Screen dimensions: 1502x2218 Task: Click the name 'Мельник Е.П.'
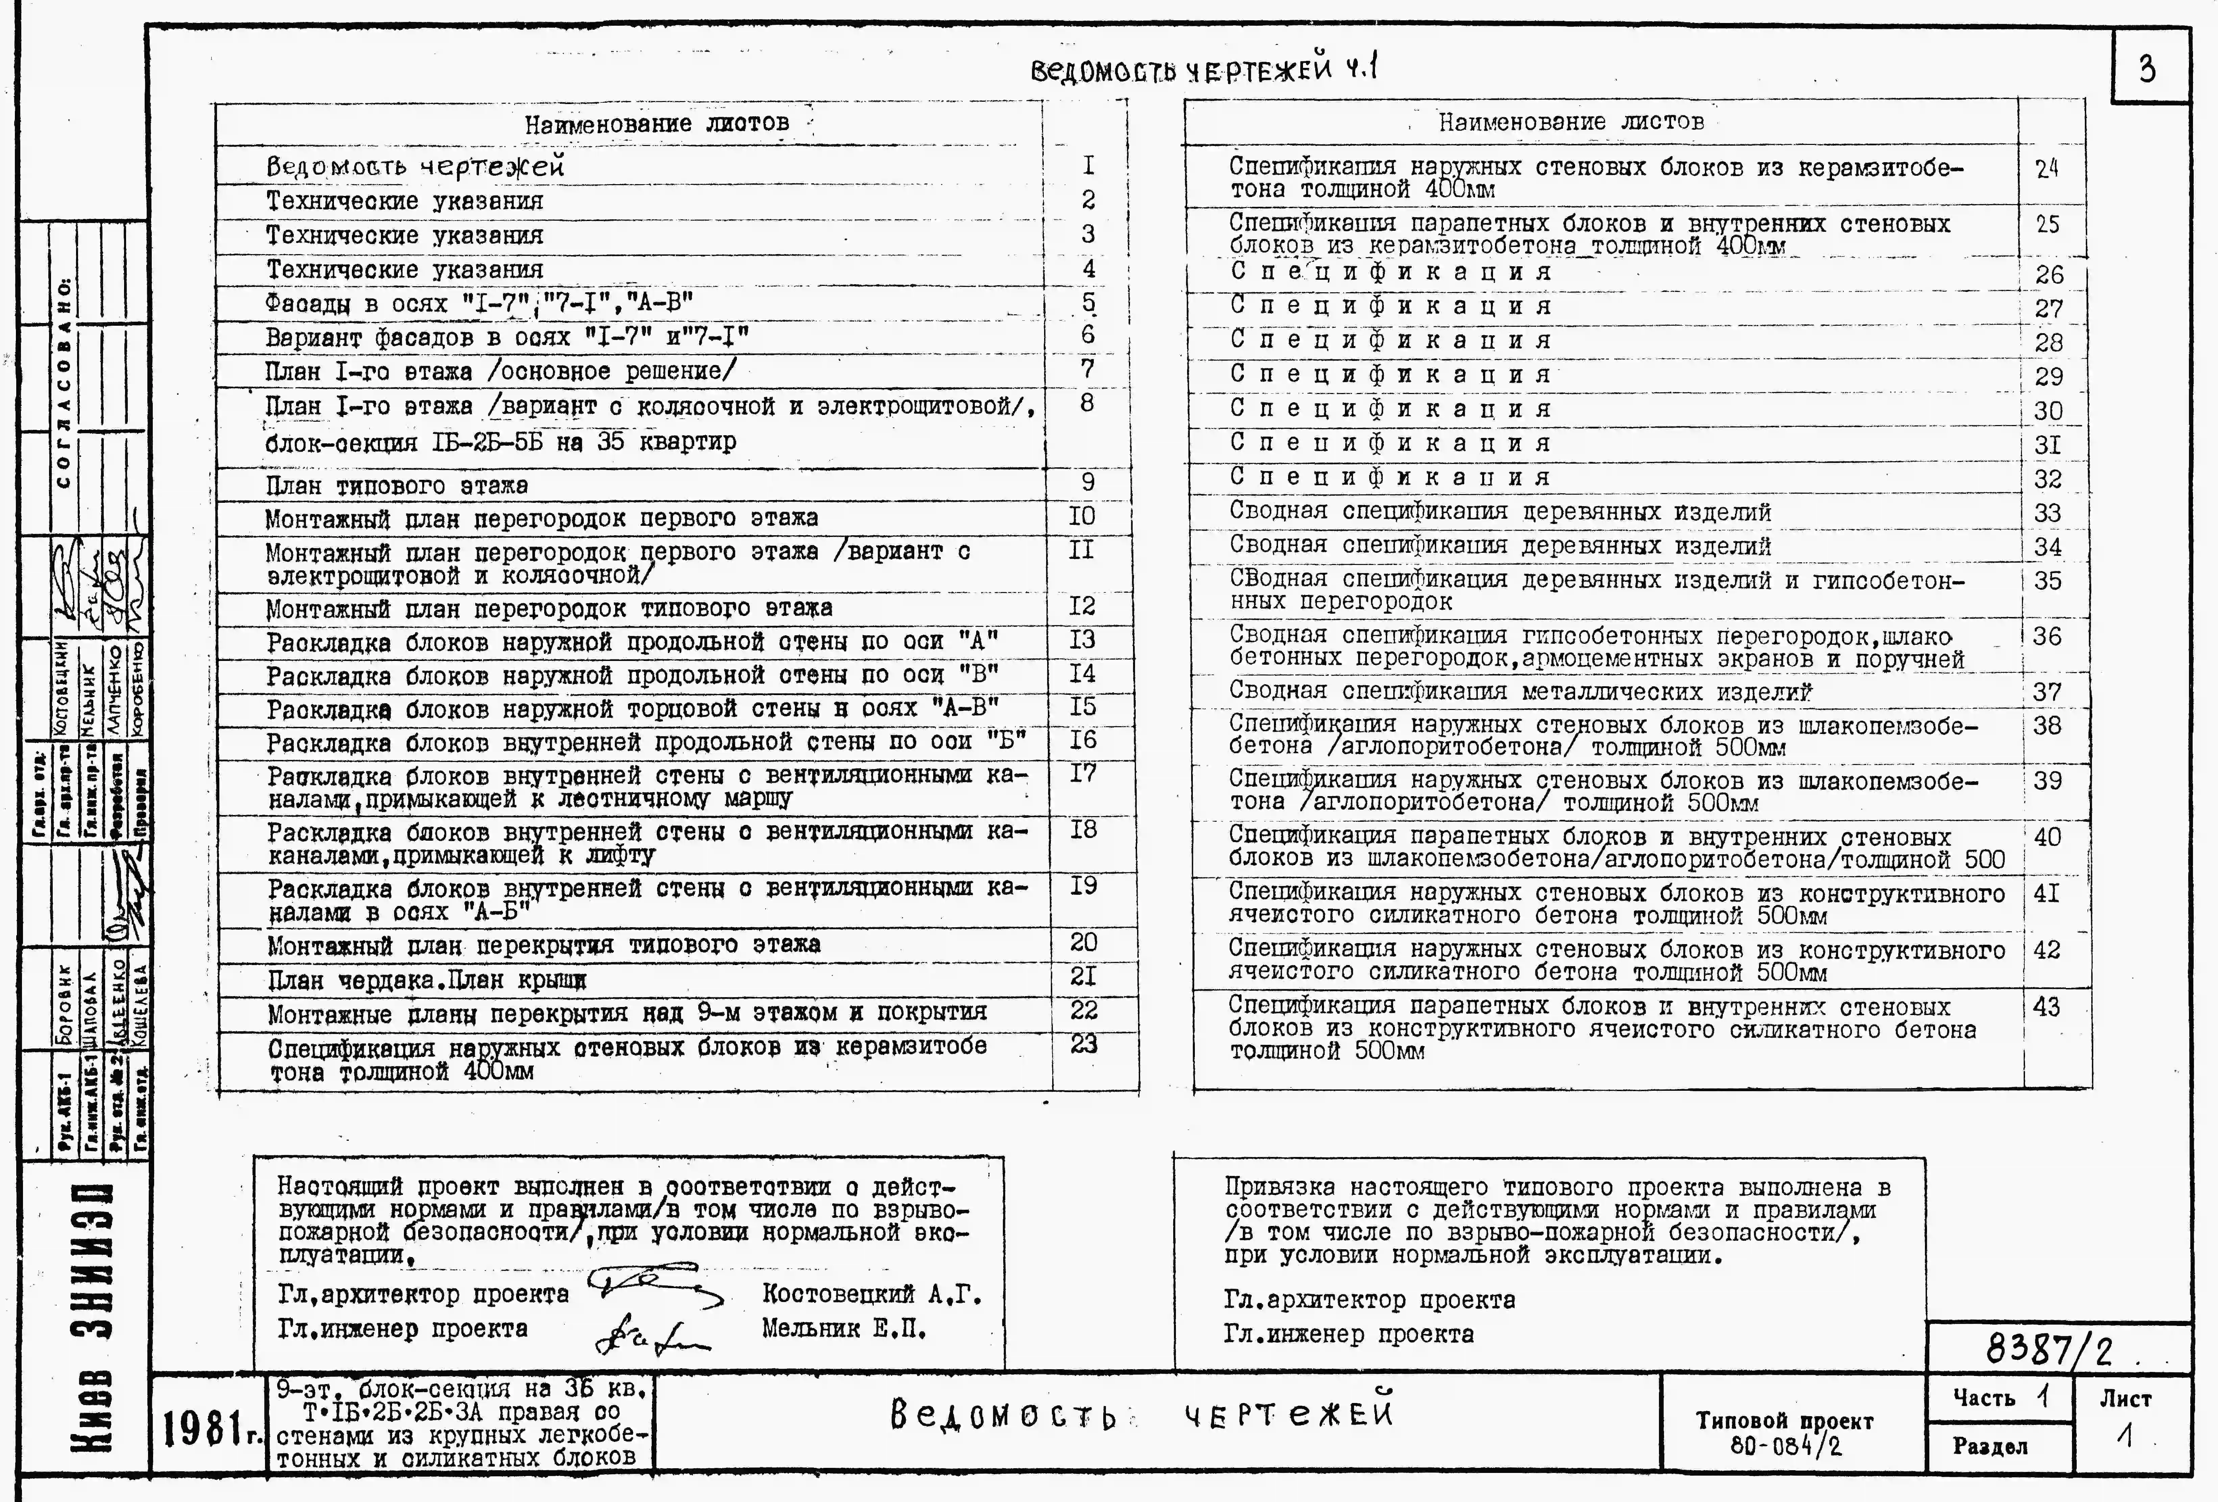pyautogui.click(x=844, y=1328)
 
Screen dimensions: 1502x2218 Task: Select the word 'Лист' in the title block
pyautogui.click(x=2124, y=1399)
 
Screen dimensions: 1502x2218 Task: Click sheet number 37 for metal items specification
pyautogui.click(x=2046, y=692)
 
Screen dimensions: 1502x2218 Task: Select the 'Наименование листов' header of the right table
pyautogui.click(x=1570, y=122)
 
